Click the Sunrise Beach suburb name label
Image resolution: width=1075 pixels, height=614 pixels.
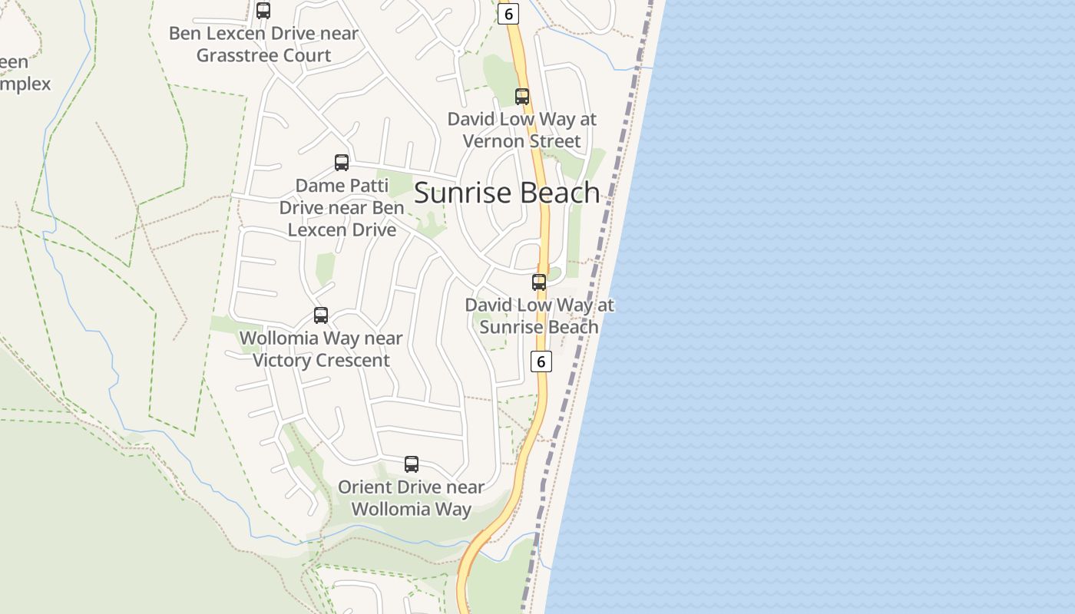coord(507,193)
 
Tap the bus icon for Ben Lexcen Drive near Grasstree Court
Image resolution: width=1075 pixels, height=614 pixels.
coord(263,11)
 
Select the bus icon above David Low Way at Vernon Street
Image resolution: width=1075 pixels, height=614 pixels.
coord(522,97)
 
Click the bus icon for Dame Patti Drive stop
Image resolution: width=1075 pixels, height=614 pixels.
coord(342,163)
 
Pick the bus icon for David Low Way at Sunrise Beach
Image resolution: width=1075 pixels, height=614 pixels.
coord(539,282)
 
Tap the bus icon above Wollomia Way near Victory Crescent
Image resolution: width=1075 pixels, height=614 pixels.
coord(321,315)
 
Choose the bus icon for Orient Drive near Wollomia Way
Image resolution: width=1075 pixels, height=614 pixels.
coord(412,464)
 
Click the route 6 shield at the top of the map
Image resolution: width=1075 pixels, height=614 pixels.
coord(508,14)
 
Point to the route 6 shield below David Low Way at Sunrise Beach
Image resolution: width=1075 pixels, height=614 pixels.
coord(541,361)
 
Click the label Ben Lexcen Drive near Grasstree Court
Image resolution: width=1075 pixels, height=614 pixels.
coord(263,45)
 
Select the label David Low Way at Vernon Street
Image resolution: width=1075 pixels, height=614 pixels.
coord(522,130)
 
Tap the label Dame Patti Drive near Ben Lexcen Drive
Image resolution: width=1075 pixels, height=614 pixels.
coord(342,207)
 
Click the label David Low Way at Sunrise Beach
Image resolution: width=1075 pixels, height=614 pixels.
coord(539,316)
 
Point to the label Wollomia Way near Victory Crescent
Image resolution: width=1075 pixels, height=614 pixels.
coord(321,349)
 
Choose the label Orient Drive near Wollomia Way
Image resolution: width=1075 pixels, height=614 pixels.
coord(412,498)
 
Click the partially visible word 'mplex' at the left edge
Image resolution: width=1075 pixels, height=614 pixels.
coord(25,84)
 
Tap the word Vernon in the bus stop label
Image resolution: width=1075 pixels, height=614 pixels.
coord(493,141)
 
